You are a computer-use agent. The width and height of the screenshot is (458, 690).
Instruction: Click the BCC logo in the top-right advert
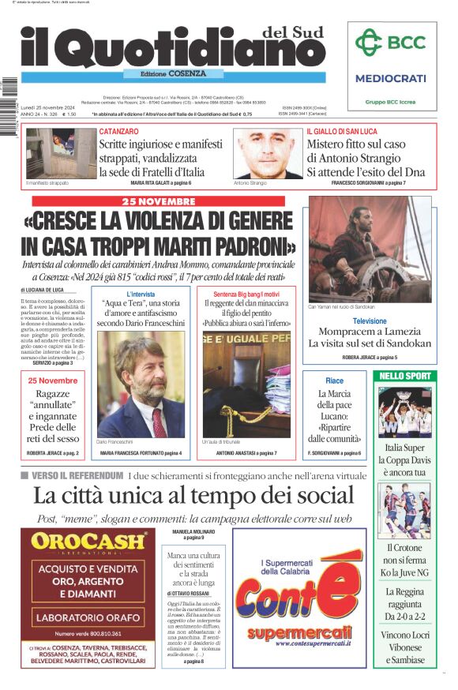(390, 43)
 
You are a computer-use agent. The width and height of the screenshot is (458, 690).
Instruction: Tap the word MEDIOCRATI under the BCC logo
(390, 78)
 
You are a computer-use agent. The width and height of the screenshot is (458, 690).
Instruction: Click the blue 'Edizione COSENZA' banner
(165, 73)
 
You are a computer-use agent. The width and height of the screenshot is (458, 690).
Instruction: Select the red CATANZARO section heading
(119, 131)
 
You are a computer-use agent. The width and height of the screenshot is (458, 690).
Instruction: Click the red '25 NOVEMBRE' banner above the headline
(159, 201)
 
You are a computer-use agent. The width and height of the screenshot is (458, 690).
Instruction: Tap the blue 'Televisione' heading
(370, 321)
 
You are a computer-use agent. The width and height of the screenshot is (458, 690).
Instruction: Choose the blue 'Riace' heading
(334, 381)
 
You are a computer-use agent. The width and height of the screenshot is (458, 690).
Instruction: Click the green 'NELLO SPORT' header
(404, 376)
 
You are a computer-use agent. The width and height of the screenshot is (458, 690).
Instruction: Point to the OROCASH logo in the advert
(88, 542)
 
